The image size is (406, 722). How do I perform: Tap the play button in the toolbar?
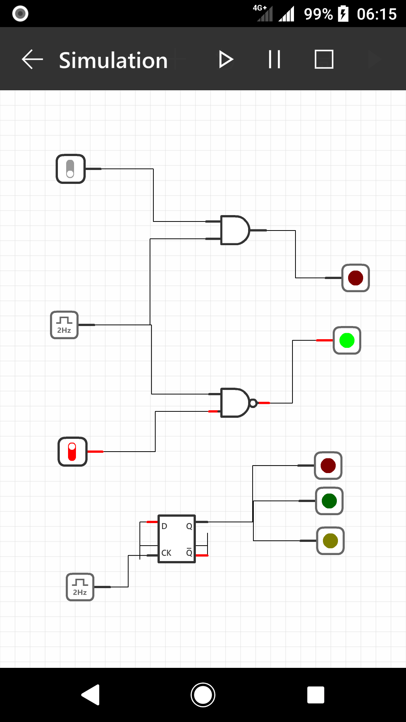(x=226, y=59)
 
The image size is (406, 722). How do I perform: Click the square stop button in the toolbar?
(x=324, y=59)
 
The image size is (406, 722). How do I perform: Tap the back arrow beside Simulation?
(x=32, y=59)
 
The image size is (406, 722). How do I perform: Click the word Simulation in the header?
(x=113, y=60)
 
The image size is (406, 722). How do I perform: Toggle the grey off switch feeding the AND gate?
(x=71, y=169)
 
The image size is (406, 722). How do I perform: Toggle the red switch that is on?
(x=73, y=452)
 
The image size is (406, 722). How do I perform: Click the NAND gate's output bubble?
(x=253, y=403)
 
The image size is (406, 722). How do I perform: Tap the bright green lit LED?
(x=347, y=340)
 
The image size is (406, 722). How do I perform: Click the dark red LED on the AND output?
(x=355, y=278)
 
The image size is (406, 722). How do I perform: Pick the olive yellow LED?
(x=330, y=541)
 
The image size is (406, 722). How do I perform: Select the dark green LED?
(x=329, y=501)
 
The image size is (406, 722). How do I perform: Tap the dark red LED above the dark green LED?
(x=328, y=466)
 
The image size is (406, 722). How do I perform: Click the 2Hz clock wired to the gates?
(x=64, y=325)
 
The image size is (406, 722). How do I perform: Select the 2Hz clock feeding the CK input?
(x=80, y=587)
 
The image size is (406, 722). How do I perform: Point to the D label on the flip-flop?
(x=164, y=526)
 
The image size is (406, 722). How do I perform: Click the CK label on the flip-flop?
(x=166, y=553)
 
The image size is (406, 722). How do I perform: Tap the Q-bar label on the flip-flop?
(x=189, y=552)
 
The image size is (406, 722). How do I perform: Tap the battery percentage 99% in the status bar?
(x=318, y=14)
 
